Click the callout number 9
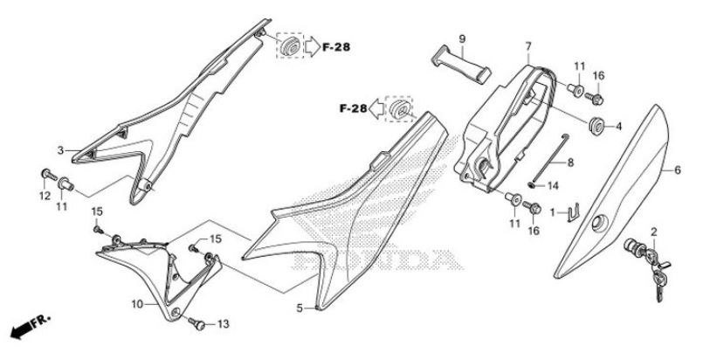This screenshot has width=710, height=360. (x=462, y=38)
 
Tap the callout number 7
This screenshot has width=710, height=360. (x=528, y=45)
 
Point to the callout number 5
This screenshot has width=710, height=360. (x=300, y=308)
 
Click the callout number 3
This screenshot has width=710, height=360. (x=61, y=150)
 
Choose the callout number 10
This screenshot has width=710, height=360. (x=137, y=304)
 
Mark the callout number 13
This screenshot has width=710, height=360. (x=223, y=324)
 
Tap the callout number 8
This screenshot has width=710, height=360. (x=570, y=163)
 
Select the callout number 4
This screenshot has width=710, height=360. (x=618, y=127)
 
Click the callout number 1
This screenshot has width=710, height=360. (x=551, y=211)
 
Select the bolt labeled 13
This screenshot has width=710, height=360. (x=198, y=324)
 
